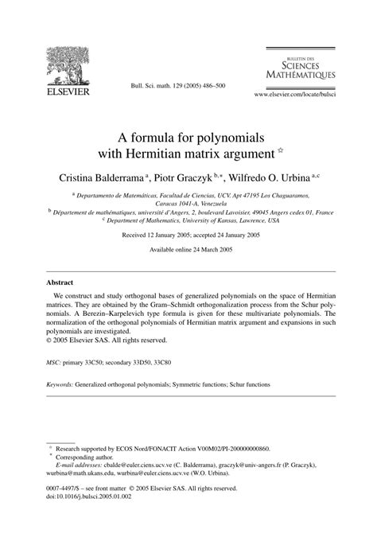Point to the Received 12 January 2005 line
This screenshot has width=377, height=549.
point(188,236)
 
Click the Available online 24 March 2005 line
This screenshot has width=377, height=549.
point(188,251)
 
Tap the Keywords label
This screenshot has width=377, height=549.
point(60,384)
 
